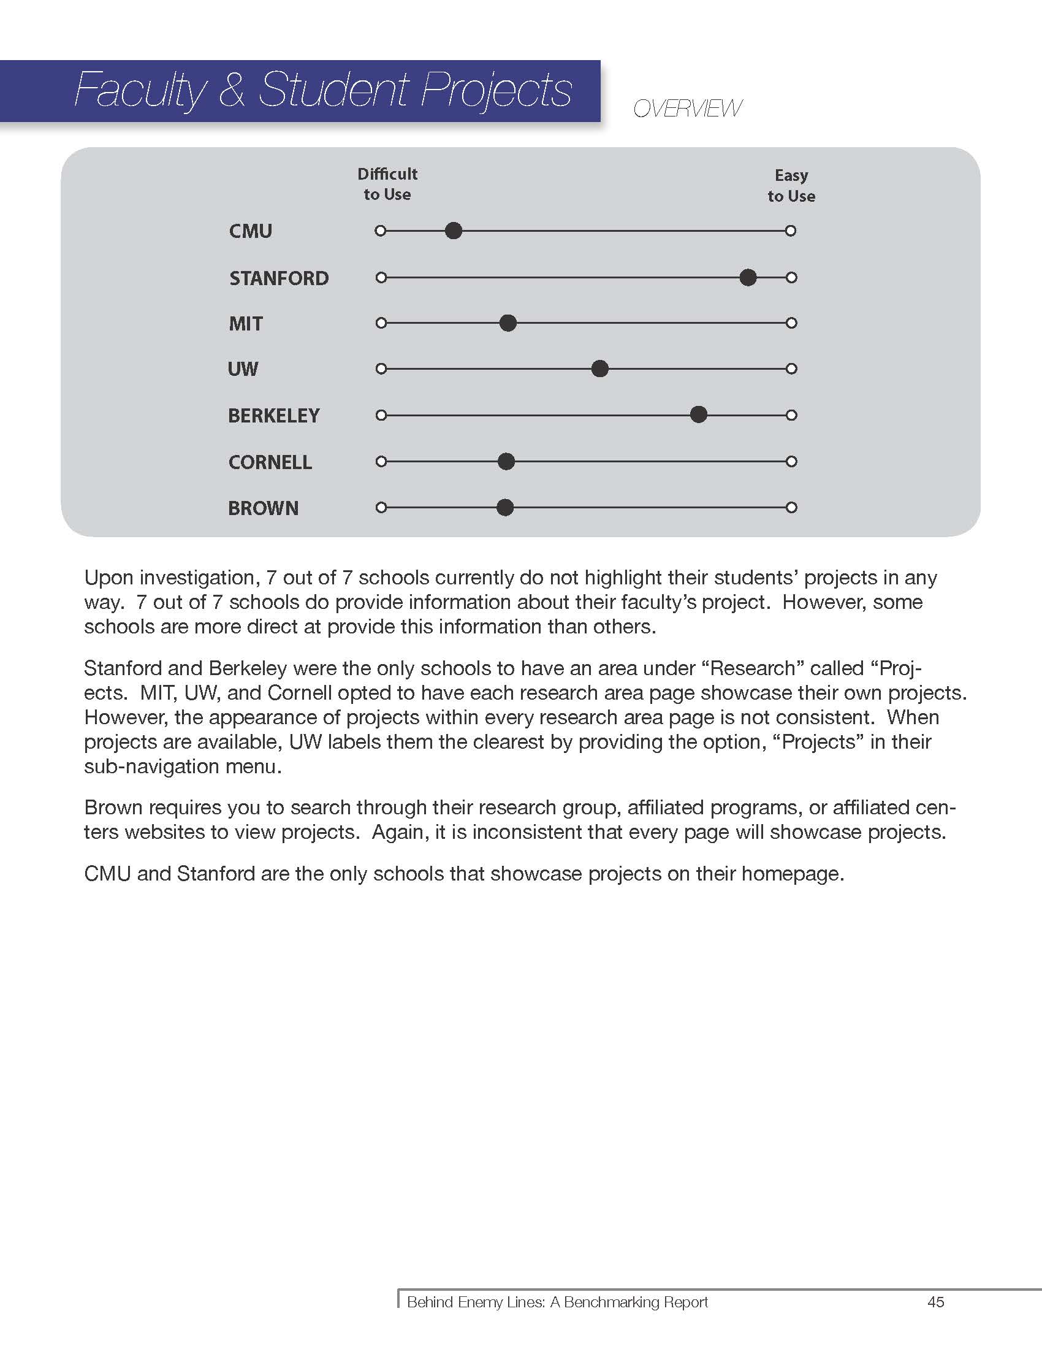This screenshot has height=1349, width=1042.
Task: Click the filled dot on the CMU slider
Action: tap(454, 231)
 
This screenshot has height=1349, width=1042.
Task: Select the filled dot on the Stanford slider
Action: tap(748, 277)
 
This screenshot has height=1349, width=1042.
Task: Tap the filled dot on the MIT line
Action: tap(508, 323)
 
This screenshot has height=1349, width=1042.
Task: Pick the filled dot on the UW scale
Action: tap(599, 369)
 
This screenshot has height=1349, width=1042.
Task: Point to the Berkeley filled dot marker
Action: tap(698, 415)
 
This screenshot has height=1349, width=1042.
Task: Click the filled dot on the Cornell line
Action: tap(506, 461)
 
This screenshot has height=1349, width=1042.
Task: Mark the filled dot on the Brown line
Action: tap(505, 508)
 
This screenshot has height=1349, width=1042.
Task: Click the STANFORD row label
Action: tap(278, 278)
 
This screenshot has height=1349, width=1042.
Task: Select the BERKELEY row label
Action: tap(273, 416)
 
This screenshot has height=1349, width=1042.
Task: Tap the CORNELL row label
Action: tap(270, 462)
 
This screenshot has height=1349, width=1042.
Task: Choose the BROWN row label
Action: tap(263, 508)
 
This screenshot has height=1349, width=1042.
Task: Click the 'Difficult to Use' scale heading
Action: tap(387, 184)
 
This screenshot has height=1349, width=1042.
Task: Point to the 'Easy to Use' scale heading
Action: tap(791, 185)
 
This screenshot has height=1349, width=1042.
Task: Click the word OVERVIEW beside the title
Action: tap(687, 109)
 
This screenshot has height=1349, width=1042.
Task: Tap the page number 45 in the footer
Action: tap(935, 1302)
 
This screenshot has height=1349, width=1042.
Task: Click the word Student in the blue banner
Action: tap(333, 90)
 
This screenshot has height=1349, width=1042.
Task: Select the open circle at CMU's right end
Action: tap(791, 231)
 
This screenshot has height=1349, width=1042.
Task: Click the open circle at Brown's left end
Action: tap(381, 508)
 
